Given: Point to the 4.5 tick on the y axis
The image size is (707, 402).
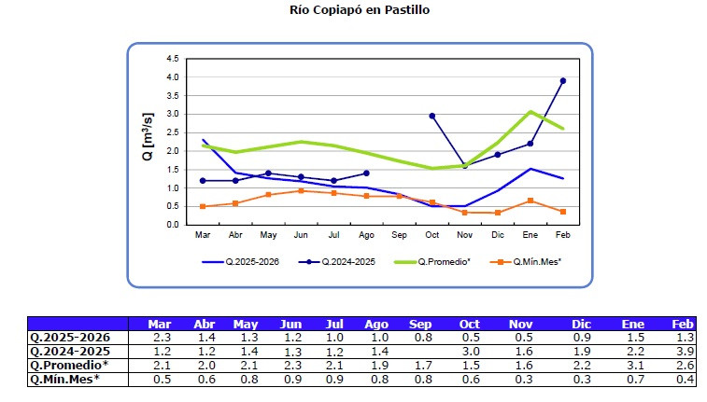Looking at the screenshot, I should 173,58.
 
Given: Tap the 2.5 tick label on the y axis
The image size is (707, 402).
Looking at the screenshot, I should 173,132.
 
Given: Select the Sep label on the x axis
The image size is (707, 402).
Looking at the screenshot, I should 399,235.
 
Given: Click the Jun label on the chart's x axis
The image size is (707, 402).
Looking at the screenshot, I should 301,235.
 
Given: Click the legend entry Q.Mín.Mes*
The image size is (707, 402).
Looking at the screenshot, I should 528,262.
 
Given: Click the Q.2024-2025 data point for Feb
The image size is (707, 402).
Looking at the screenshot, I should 562,81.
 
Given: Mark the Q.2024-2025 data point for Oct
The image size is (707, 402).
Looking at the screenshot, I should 431,116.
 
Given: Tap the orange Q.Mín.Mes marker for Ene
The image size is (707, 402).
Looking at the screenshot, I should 530,201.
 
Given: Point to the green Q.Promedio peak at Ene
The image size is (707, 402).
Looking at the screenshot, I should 530,112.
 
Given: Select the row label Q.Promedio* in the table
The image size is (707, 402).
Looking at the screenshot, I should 68,365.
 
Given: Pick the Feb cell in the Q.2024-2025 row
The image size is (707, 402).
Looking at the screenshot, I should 685,352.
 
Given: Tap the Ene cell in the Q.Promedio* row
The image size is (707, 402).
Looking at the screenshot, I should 632,365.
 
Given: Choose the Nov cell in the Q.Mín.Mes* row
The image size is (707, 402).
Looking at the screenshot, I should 521,379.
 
